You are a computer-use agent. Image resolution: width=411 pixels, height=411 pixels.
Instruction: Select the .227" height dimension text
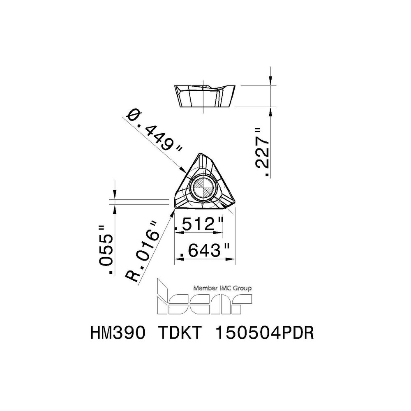click(x=262, y=152)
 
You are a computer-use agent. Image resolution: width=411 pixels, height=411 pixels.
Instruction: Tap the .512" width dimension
click(x=199, y=224)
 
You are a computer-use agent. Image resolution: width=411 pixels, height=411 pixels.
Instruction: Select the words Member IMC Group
click(x=222, y=289)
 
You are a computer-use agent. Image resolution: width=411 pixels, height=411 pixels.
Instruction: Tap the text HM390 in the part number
click(x=117, y=333)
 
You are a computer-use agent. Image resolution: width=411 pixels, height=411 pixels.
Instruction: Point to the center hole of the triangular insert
click(x=203, y=189)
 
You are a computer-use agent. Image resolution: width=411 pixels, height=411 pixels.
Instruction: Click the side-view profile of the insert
click(x=205, y=96)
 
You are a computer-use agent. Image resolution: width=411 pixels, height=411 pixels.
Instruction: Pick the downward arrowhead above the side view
click(x=271, y=81)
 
